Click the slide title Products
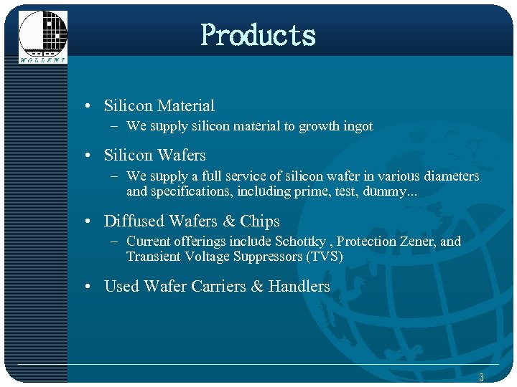pos(258,34)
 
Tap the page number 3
pos(481,377)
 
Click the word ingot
pos(357,127)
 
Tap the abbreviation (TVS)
pos(325,257)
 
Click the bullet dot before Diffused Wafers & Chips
pos(87,222)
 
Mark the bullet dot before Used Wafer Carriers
pos(87,287)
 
